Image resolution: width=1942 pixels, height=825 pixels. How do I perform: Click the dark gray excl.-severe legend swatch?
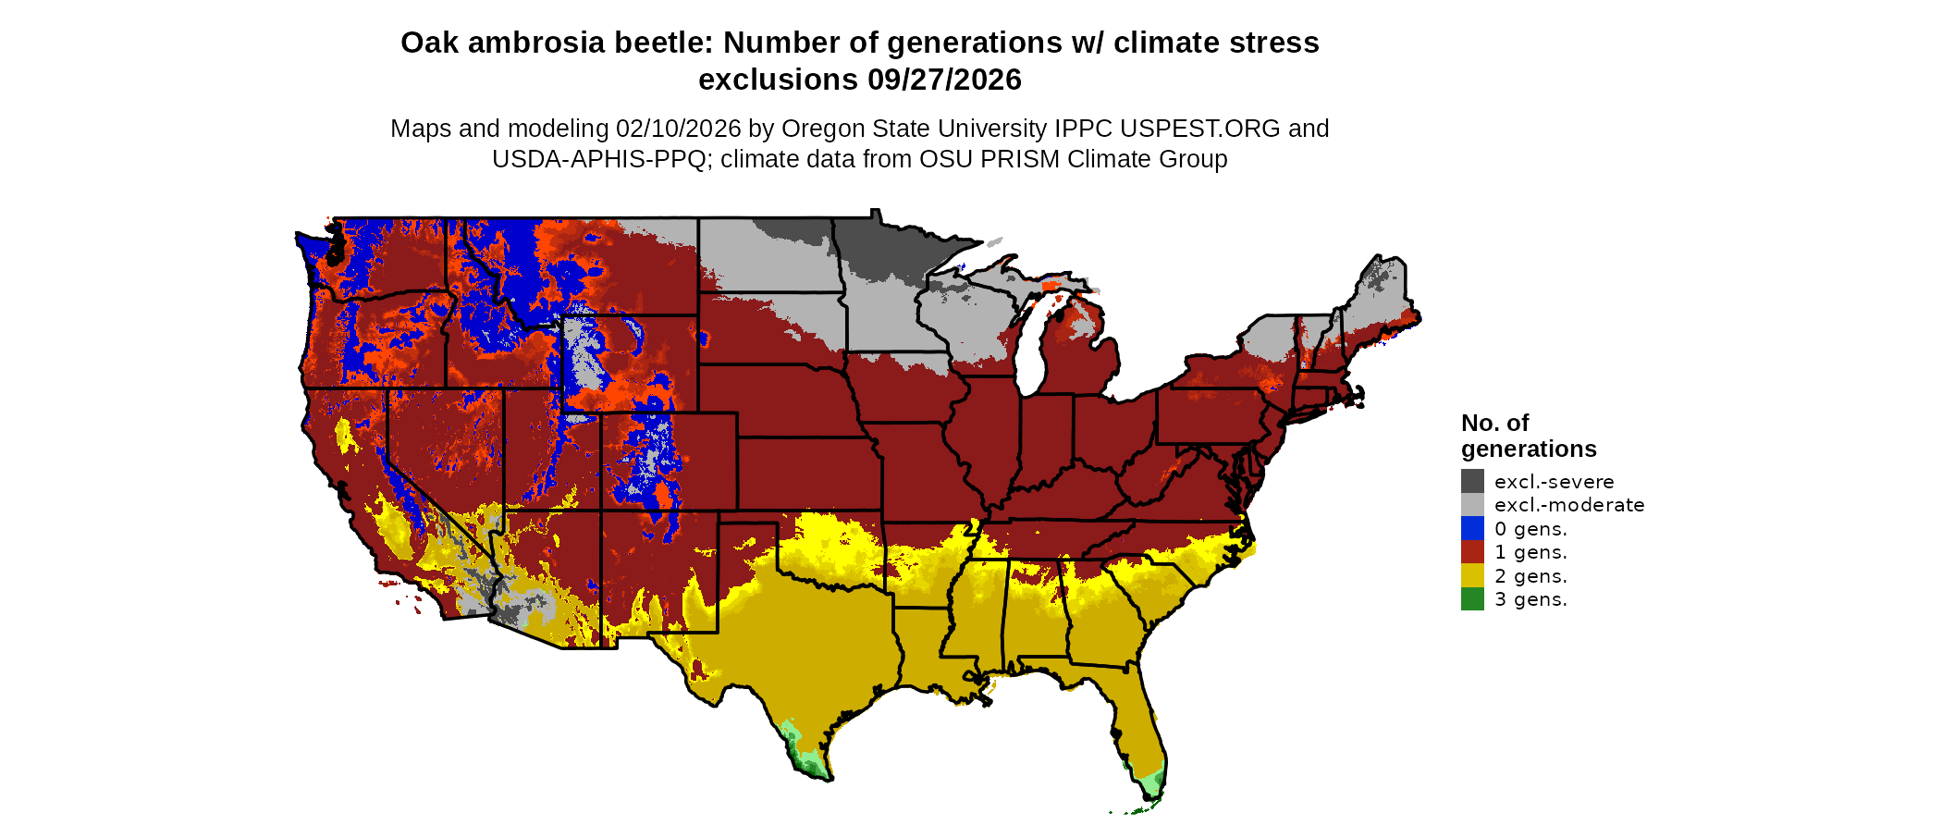[1472, 481]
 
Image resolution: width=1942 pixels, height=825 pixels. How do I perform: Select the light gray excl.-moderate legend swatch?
[1472, 504]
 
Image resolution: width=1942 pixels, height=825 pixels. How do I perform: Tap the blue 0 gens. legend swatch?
[1472, 528]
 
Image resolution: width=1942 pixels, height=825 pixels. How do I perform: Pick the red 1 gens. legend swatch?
[1472, 552]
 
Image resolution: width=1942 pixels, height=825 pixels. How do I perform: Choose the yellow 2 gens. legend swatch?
[1472, 575]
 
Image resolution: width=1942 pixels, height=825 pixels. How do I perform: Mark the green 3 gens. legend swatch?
[1472, 599]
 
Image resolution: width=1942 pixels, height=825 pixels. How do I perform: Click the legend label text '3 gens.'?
[1530, 599]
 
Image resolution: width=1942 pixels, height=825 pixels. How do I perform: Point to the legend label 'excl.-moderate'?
[1569, 505]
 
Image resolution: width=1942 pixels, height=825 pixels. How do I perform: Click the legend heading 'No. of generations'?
[1528, 436]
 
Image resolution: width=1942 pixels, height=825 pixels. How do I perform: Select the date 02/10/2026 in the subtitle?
[679, 129]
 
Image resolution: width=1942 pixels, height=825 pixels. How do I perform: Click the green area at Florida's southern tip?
[1151, 783]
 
